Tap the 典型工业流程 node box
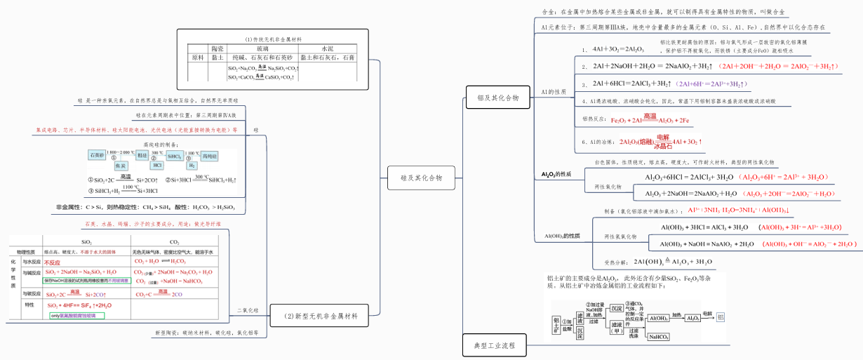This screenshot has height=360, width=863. pyautogui.click(x=495, y=345)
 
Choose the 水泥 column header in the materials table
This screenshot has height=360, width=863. pyautogui.click(x=328, y=48)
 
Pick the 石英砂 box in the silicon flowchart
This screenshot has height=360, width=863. pyautogui.click(x=97, y=154)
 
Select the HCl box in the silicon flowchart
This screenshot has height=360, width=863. pyautogui.click(x=158, y=166)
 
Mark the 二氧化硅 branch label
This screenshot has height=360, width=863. pyautogui.click(x=247, y=309)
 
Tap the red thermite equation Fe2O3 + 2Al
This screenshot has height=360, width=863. pyautogui.click(x=650, y=120)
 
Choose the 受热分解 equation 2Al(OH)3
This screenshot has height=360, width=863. pyautogui.click(x=673, y=262)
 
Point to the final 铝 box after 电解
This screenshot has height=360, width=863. pyautogui.click(x=721, y=318)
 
